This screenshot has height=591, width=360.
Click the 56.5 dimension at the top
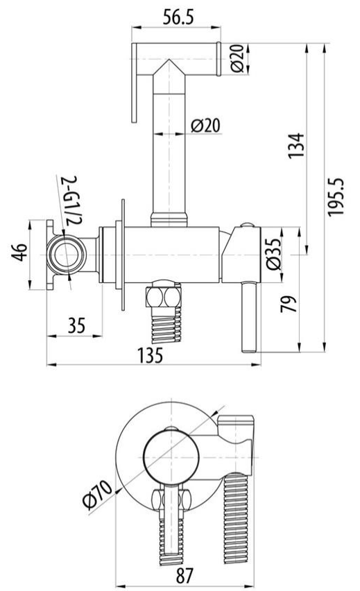click(178, 17)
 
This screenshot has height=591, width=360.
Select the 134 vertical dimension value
click(295, 145)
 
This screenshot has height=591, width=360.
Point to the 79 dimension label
click(289, 304)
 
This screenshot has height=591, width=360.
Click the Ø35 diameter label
click(274, 254)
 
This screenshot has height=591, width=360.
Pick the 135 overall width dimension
click(150, 354)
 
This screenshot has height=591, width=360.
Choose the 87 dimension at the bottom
click(185, 575)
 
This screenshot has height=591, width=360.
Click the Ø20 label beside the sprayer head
click(237, 58)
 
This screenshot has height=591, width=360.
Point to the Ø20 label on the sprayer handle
click(205, 125)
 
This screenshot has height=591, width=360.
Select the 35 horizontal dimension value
click(76, 325)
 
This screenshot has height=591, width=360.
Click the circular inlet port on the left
click(67, 255)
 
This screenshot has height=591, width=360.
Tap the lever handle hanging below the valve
click(249, 316)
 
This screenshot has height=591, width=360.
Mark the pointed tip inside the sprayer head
click(169, 60)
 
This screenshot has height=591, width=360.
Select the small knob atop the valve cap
click(248, 225)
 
